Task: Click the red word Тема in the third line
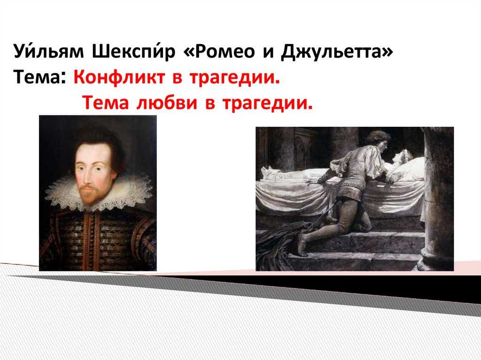click(x=105, y=103)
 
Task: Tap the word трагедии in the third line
click(x=267, y=104)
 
